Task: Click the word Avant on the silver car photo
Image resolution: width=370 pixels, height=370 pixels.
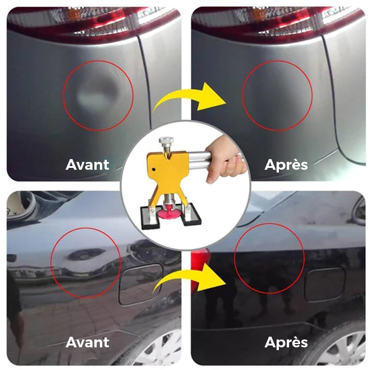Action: point(87,165)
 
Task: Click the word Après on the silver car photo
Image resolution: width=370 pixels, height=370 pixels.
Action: point(286,165)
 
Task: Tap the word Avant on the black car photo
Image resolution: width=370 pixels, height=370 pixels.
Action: point(87,342)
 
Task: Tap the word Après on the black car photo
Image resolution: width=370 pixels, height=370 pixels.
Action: point(286,342)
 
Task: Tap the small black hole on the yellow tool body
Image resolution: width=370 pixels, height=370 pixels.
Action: point(154,169)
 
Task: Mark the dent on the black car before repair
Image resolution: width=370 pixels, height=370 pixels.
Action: point(85,255)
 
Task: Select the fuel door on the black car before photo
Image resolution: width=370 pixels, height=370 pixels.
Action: point(141,284)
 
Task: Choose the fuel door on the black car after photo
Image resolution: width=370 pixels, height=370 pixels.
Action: point(325,284)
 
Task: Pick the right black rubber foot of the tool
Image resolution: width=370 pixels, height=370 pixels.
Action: point(190,214)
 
